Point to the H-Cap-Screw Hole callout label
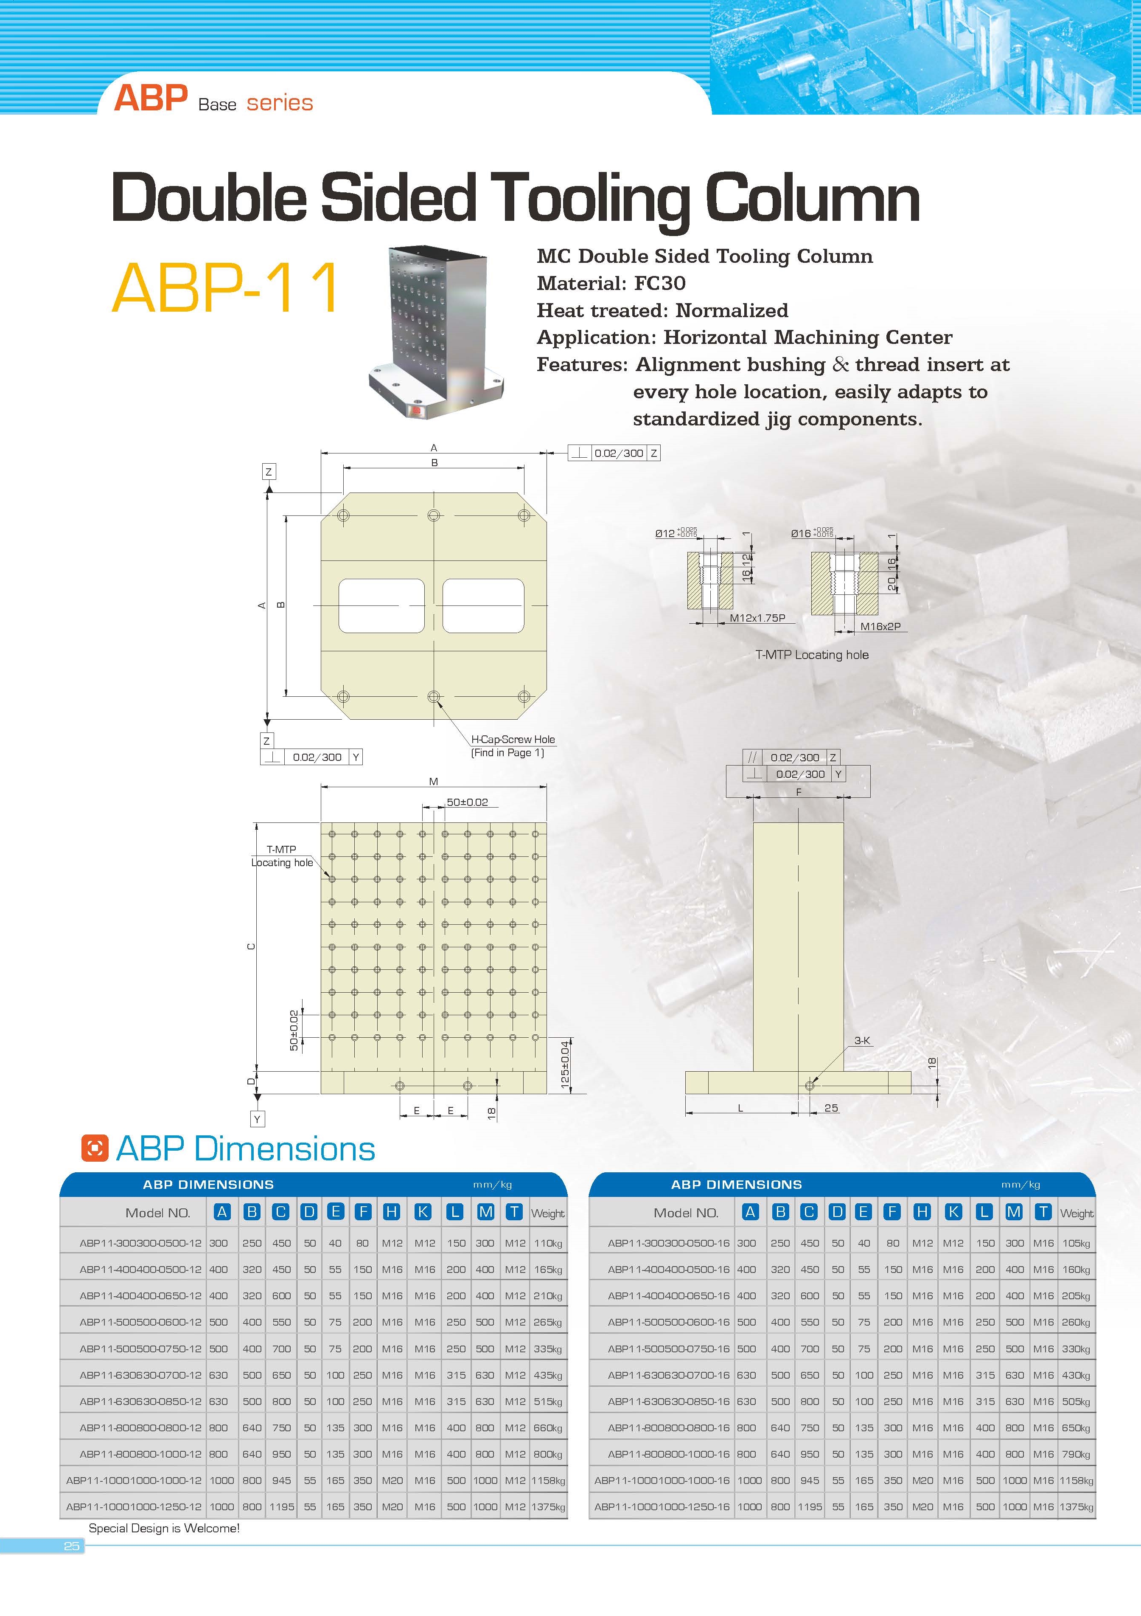coord(513,739)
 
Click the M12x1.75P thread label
coord(757,618)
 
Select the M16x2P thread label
coord(880,626)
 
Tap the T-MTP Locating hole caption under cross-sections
coord(812,655)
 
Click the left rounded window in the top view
coord(381,606)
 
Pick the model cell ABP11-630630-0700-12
coord(141,1374)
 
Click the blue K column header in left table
coord(423,1211)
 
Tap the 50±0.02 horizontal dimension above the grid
coord(467,802)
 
